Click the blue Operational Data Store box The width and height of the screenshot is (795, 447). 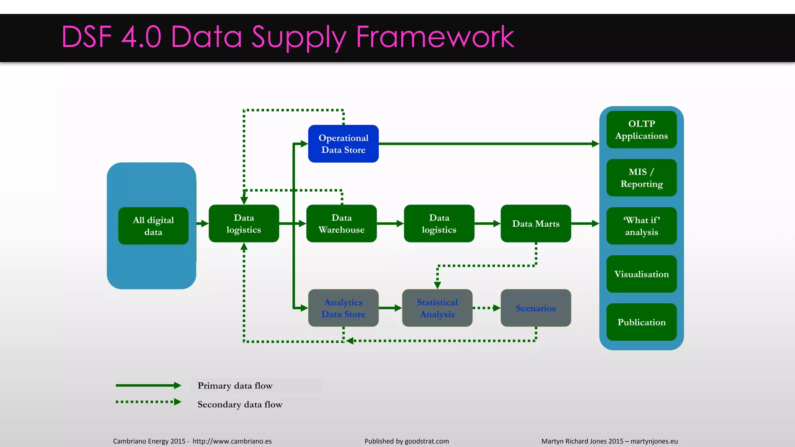[x=343, y=144]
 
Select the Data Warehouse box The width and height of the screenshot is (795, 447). [x=341, y=223]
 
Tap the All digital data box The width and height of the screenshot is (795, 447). [x=153, y=226]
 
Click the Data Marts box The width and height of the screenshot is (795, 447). [x=536, y=223]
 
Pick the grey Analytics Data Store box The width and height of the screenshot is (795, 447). [x=343, y=308]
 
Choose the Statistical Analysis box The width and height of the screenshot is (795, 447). [x=437, y=308]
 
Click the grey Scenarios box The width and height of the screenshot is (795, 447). [x=536, y=308]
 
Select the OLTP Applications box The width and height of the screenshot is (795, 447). [x=641, y=130]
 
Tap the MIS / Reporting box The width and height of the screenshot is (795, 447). [x=641, y=178]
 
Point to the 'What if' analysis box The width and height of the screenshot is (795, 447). [x=641, y=226]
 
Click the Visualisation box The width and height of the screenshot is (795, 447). [x=641, y=274]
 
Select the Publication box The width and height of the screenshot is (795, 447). [x=641, y=322]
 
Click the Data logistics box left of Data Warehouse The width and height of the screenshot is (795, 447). [x=244, y=223]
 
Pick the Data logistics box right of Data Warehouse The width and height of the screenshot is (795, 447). [x=439, y=223]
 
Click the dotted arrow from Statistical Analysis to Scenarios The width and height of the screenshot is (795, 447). [x=486, y=308]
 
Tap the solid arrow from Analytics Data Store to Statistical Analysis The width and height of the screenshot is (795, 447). [x=390, y=308]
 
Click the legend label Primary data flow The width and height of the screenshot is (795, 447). [x=235, y=386]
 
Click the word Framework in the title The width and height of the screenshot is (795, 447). [x=435, y=37]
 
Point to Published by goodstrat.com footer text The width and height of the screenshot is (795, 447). [x=406, y=441]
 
